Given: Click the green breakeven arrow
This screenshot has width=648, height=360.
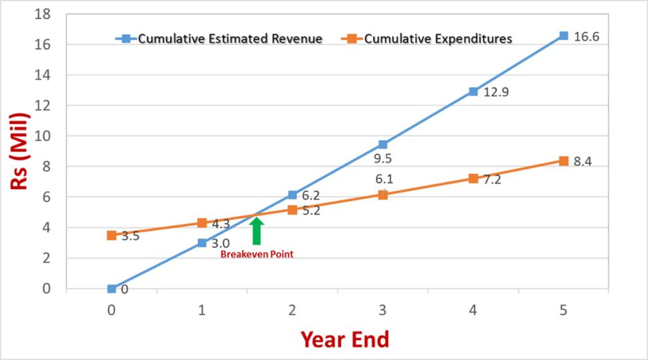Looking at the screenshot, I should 256,230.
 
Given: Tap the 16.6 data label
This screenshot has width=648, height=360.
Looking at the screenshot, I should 586,37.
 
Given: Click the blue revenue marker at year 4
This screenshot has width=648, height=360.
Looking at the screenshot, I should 473,92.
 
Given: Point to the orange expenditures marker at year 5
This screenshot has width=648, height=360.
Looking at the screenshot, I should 563,161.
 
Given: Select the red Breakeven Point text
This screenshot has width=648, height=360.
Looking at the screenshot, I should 256,254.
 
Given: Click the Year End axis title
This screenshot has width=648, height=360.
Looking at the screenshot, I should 344,340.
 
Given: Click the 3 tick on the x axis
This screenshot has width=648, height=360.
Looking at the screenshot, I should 383,310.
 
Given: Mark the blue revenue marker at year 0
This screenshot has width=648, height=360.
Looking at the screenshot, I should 111,289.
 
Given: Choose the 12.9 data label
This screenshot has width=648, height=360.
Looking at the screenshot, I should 497,93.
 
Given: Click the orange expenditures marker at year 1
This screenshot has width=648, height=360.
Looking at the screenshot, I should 202,223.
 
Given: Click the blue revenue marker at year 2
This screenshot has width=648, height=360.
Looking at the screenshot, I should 292,195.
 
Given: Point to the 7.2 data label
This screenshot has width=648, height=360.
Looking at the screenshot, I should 492,180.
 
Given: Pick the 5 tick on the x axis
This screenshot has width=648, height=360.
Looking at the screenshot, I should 563,310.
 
